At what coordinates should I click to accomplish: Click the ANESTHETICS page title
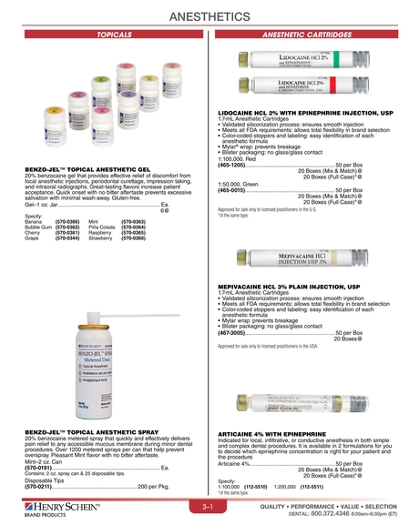(209, 15)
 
